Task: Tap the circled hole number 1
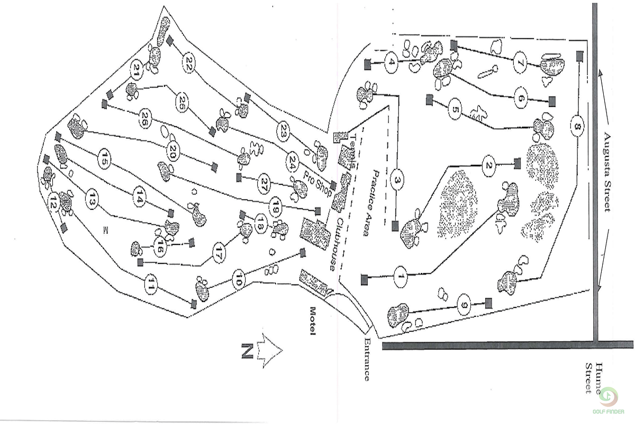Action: (401, 276)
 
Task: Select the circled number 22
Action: (188, 63)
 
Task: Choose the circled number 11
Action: (151, 286)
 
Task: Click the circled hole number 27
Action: (264, 183)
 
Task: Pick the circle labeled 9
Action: (464, 305)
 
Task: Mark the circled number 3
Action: (397, 181)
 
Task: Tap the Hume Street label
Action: (593, 378)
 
